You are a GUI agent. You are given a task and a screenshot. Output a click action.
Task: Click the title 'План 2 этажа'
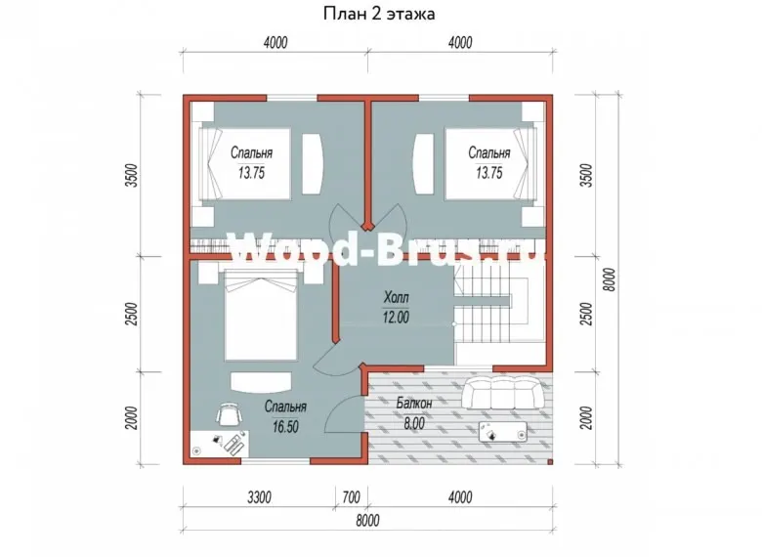(x=379, y=14)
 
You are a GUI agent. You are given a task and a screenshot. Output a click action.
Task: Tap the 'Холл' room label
(x=396, y=296)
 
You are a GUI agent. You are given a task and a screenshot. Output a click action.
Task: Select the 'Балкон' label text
(x=414, y=403)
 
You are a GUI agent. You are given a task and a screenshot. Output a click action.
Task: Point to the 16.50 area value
(x=285, y=427)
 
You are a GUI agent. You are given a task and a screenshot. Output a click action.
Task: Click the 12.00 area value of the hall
(x=396, y=318)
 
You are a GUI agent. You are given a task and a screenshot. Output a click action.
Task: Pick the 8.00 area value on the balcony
(x=414, y=423)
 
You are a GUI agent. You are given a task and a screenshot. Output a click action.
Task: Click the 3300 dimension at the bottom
(x=260, y=497)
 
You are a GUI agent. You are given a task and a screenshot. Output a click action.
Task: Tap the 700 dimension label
(x=352, y=497)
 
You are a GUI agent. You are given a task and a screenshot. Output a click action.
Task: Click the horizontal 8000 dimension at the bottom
(x=368, y=521)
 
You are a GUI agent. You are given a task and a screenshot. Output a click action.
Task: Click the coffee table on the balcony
(x=503, y=432)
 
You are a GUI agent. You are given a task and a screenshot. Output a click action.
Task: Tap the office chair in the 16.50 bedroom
(x=229, y=414)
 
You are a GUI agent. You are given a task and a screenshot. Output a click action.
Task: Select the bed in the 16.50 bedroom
(x=261, y=316)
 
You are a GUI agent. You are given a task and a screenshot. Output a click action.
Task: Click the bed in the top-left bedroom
(x=245, y=164)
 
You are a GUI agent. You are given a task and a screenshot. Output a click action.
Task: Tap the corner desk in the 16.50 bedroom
(x=220, y=444)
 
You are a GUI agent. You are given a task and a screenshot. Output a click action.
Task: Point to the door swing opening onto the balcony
(x=344, y=413)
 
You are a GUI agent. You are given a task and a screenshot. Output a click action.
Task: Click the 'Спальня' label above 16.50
(x=285, y=407)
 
